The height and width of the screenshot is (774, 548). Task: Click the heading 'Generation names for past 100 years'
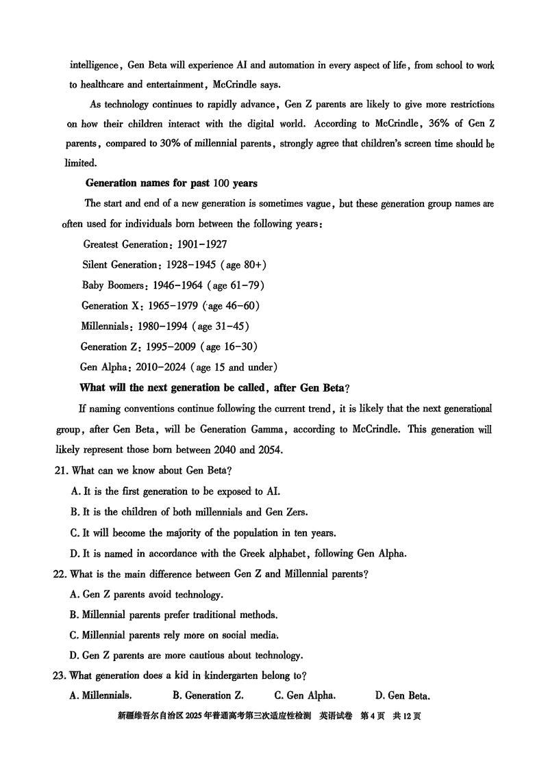pos(171,183)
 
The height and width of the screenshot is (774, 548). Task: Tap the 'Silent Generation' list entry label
pos(120,265)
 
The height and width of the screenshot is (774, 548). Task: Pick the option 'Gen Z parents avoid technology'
pos(147,595)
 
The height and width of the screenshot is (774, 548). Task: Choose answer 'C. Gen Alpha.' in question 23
pos(305,696)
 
